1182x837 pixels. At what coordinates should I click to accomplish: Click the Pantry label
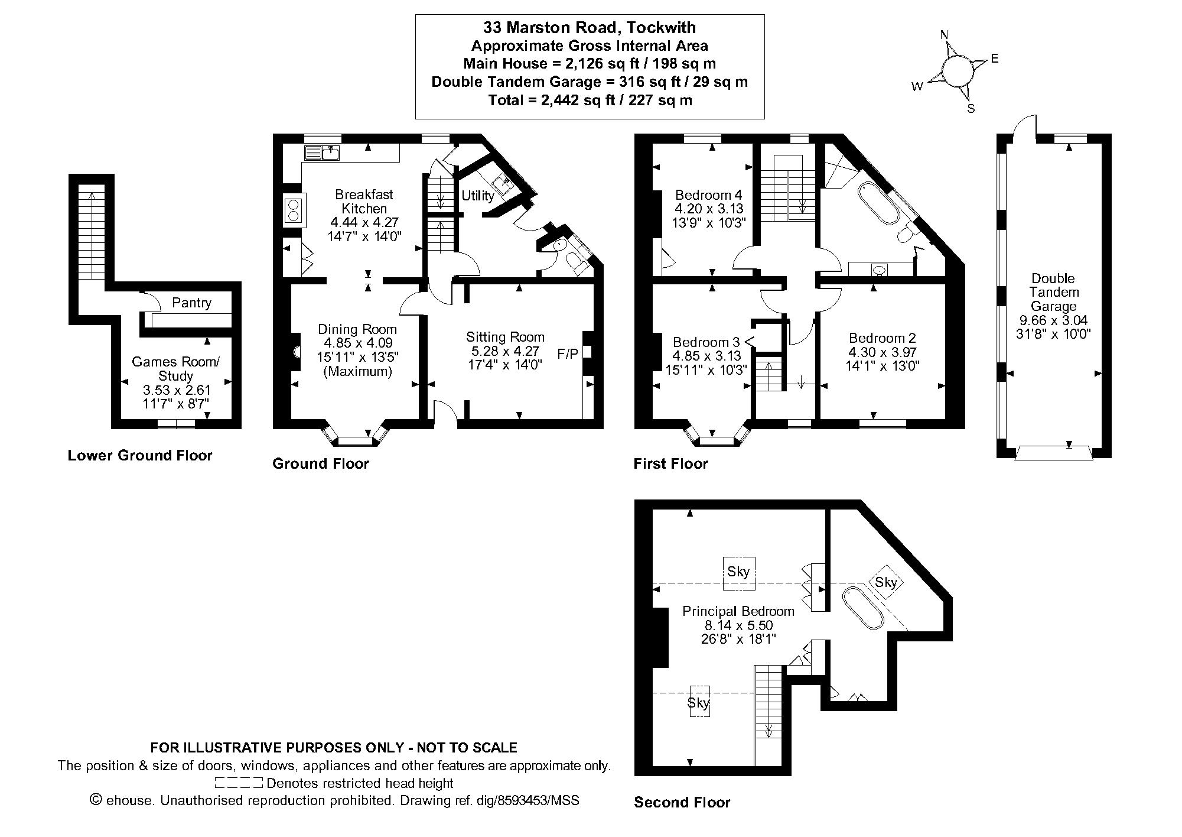[191, 303]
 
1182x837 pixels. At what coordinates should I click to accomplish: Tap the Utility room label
[477, 196]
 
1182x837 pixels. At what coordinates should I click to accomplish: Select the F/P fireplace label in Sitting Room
[568, 353]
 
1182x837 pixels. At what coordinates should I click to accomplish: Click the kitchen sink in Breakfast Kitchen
[322, 153]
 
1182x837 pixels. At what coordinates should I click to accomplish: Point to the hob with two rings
[294, 210]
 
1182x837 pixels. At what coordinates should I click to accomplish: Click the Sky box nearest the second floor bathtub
[885, 582]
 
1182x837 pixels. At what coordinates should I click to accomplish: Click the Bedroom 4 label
[708, 195]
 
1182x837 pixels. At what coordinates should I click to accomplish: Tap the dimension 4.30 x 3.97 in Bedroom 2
[882, 352]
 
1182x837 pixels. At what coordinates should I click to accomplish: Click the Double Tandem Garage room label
[1053, 292]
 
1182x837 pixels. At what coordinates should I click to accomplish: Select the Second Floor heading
[682, 802]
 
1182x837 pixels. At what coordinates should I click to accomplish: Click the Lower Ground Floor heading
[140, 455]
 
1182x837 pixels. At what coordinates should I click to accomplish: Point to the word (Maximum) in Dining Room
[357, 372]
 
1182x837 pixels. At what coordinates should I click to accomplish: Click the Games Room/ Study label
[176, 368]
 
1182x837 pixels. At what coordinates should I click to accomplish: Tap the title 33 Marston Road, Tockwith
[590, 27]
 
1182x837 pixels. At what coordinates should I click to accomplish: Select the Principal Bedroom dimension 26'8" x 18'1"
[738, 639]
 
